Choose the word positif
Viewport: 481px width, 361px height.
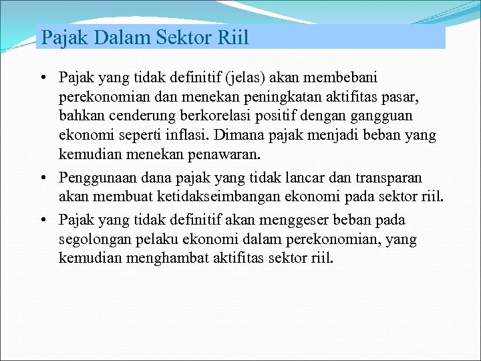click(x=280, y=117)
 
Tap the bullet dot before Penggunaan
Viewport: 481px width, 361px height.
click(x=42, y=178)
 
